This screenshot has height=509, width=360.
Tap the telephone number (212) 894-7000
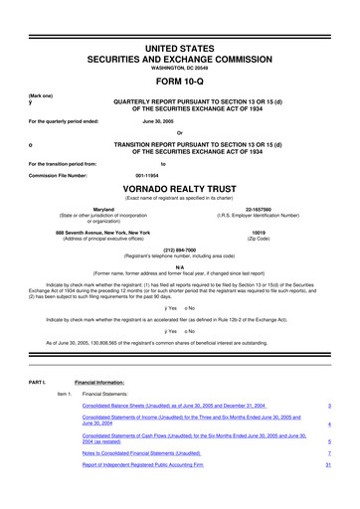(x=180, y=251)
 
